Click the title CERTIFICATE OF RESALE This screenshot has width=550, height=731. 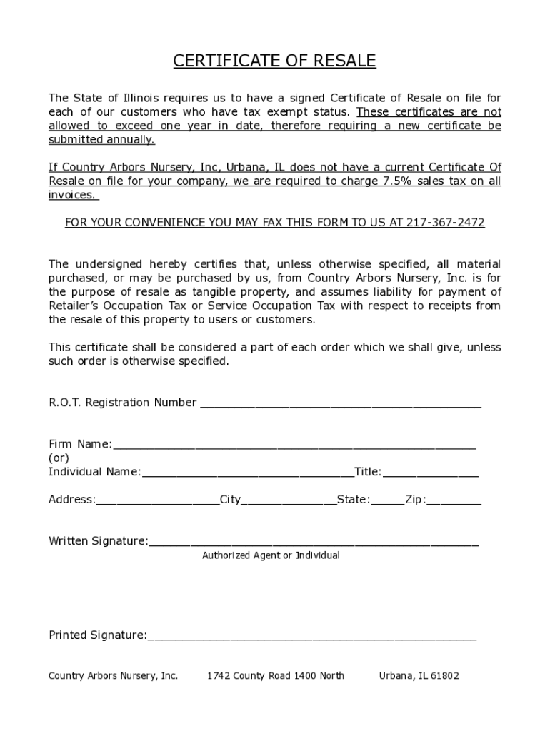[274, 61]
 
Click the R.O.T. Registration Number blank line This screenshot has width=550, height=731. [340, 404]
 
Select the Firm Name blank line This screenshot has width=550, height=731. [294, 445]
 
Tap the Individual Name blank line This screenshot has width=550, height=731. [247, 473]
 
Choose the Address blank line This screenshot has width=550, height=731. [157, 501]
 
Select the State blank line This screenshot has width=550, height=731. [387, 501]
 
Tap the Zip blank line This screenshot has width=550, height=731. [454, 501]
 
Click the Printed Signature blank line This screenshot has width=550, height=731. [311, 637]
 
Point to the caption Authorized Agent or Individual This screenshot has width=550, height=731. [271, 555]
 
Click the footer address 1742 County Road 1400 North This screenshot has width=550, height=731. [275, 676]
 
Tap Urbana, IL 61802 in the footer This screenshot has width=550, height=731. [419, 676]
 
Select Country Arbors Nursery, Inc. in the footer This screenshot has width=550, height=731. [113, 676]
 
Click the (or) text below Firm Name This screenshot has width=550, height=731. [59, 458]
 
